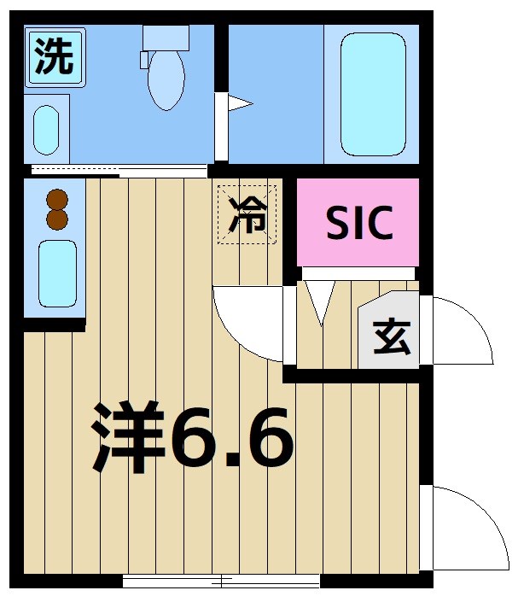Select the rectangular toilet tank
click(x=166, y=37)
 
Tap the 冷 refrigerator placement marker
click(x=247, y=214)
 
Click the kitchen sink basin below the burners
click(x=57, y=272)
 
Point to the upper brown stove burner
click(x=57, y=199)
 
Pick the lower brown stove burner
click(x=57, y=219)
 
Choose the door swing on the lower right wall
click(x=461, y=525)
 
